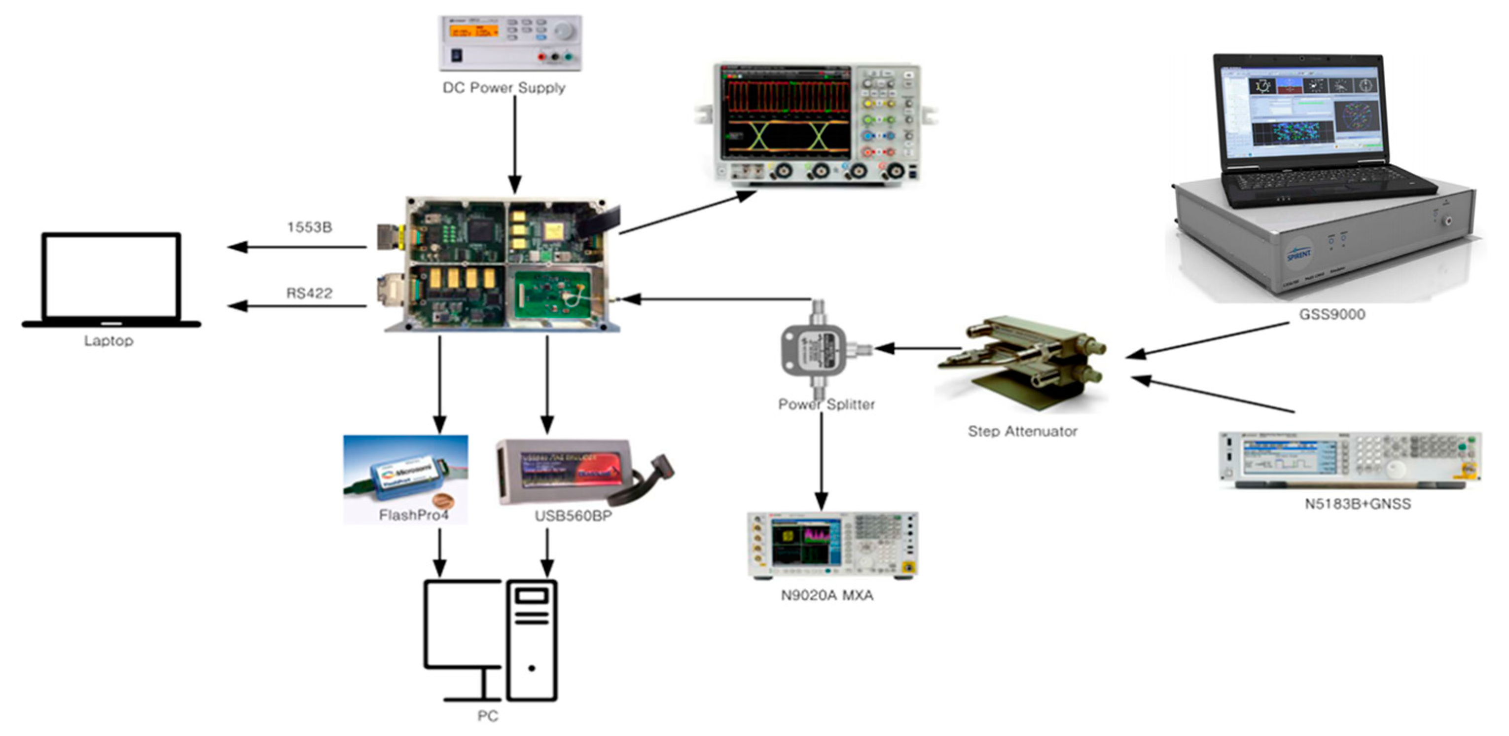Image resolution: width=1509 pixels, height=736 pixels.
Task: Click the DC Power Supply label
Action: [504, 88]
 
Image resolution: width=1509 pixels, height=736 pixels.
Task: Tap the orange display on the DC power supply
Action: [473, 31]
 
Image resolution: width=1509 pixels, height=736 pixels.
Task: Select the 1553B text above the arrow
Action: [309, 227]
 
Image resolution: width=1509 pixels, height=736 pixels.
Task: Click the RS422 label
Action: [309, 293]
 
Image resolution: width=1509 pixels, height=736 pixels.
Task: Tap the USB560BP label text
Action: [573, 515]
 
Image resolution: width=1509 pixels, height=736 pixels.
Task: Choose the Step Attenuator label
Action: [1023, 431]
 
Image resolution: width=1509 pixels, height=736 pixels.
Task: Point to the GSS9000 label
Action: [1332, 315]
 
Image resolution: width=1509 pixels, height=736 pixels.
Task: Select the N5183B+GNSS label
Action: [1357, 504]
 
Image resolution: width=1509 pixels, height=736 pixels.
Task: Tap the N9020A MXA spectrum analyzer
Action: [832, 545]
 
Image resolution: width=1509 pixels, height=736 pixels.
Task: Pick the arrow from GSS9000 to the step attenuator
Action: [1207, 340]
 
